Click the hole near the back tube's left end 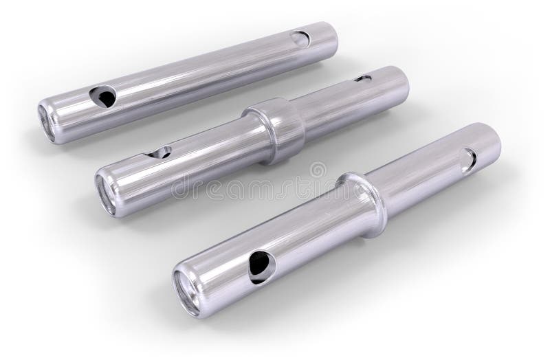click(x=103, y=97)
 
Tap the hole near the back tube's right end click(x=300, y=38)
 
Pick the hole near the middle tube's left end click(x=160, y=152)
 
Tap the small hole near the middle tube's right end click(x=363, y=79)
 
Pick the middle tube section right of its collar click(x=351, y=103)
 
